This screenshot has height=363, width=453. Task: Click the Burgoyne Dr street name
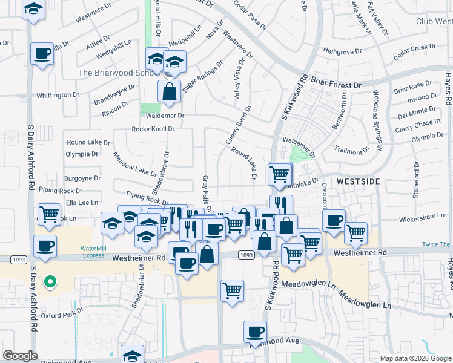(82, 178)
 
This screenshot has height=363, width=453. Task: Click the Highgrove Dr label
(342, 51)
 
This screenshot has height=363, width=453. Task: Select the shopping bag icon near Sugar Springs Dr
(170, 92)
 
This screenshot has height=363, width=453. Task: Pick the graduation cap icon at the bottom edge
(132, 355)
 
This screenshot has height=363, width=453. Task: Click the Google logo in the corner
(20, 356)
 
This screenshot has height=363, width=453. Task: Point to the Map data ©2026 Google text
(415, 358)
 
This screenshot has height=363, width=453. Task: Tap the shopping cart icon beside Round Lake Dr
(279, 174)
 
